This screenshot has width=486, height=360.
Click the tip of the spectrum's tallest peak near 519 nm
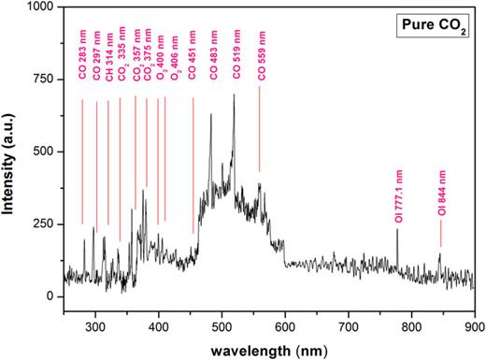(234, 94)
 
